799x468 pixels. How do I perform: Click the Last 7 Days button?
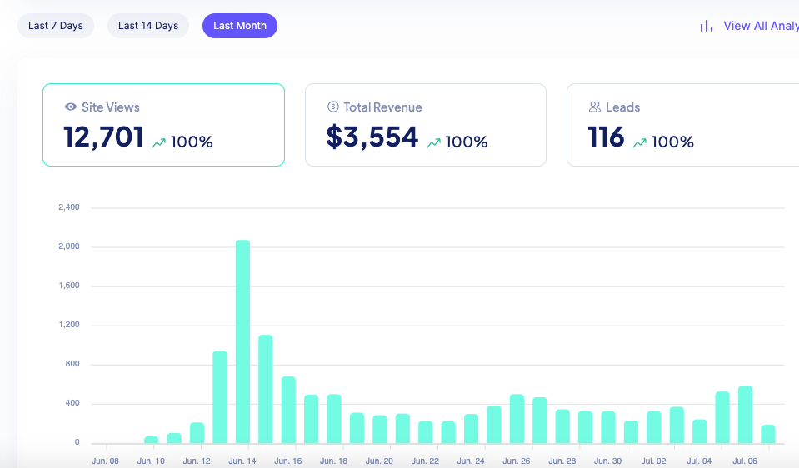pos(56,26)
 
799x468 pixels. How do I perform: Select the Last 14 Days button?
pos(148,26)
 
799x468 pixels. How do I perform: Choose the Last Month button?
pos(240,26)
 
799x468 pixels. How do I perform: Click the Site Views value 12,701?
pos(103,137)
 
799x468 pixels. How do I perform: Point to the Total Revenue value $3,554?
pos(372,137)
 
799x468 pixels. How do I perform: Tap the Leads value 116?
pos(606,137)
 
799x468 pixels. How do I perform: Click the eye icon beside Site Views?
pos(71,107)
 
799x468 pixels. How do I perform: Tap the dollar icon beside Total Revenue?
pos(332,107)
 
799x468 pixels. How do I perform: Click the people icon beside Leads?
pos(595,107)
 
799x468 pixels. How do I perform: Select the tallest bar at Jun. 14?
pos(242,341)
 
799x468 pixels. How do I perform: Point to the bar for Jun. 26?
pos(517,419)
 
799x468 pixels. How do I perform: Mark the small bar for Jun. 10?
pos(151,440)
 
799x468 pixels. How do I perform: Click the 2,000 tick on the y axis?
pos(68,246)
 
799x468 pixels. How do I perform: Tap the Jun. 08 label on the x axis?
pos(105,461)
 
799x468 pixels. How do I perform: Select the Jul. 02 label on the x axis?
pos(654,461)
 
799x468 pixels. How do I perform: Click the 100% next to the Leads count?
pos(672,142)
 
